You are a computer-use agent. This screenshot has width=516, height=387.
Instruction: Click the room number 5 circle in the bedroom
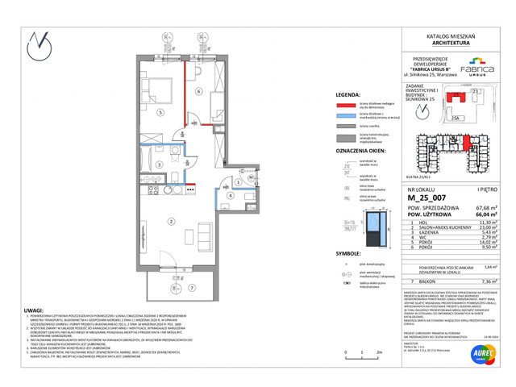[160, 112]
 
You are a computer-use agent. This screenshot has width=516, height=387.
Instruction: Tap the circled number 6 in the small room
[198, 93]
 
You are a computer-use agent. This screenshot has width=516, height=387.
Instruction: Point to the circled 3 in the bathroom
[160, 164]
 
